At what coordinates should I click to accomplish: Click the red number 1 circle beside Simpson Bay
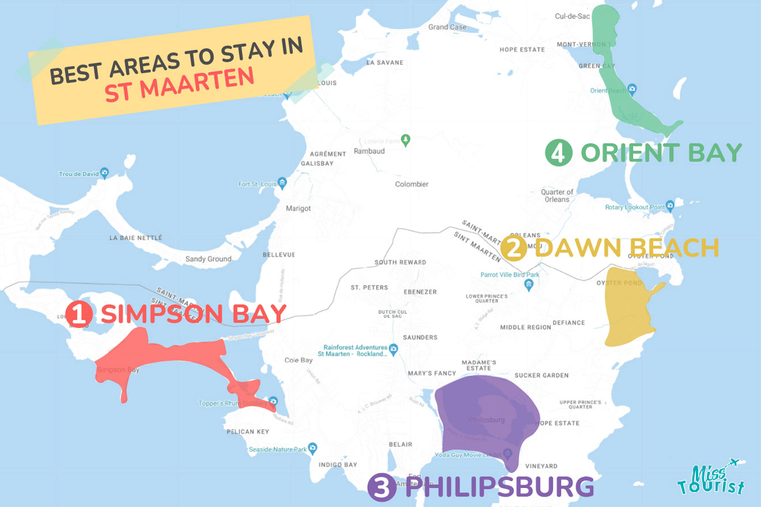79,314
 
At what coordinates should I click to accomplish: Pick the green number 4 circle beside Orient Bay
559,153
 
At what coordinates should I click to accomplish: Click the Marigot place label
299,208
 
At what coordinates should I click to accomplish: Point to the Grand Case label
447,27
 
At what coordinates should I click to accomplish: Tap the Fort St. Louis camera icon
282,184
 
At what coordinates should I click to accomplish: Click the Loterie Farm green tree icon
406,139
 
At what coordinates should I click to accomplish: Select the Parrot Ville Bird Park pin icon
530,285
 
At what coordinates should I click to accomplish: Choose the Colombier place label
412,184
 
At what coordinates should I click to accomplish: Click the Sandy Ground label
208,259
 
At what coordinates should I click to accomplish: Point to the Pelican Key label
248,432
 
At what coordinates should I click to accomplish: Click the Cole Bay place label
299,360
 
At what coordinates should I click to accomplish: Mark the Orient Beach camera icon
632,90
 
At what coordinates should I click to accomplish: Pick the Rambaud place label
369,151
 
